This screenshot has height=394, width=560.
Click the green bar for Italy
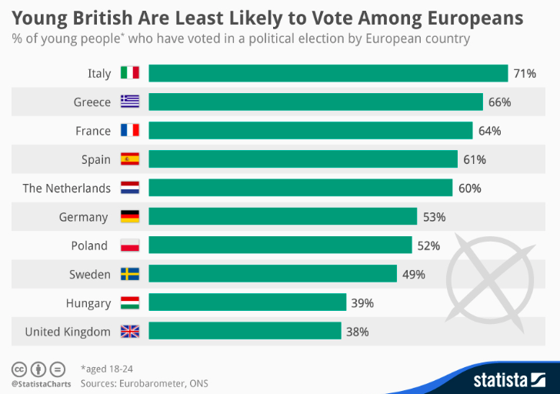point(328,73)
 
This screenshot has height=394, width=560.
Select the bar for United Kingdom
point(245,332)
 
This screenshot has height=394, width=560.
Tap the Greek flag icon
point(129,102)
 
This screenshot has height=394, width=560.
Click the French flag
point(129,131)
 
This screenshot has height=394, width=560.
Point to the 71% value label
point(525,73)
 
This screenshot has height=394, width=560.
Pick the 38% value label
point(358,332)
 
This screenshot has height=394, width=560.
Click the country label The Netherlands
point(67,188)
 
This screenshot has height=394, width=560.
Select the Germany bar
point(282,217)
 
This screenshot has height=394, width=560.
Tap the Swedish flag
point(129,274)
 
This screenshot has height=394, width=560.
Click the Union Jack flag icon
point(129,332)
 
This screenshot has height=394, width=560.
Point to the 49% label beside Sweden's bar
point(413,274)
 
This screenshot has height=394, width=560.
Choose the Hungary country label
point(88,303)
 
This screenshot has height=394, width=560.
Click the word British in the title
point(98,17)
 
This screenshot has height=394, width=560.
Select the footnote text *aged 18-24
point(106,369)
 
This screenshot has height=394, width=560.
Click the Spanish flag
point(129,159)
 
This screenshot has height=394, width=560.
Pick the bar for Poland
point(280,245)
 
